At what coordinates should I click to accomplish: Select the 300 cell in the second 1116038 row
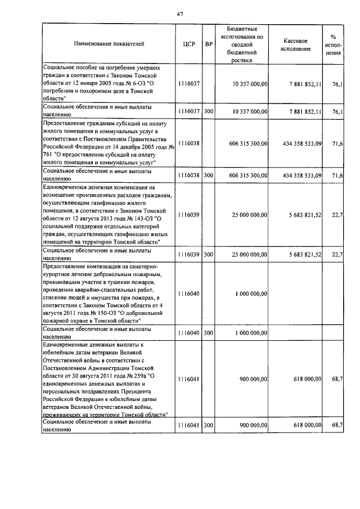pos(209,175)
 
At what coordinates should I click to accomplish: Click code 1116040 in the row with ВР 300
pos(189,333)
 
